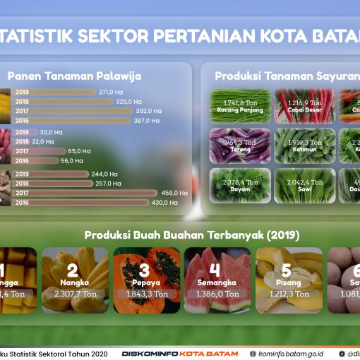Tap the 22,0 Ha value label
(43, 141)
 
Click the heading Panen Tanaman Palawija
(75, 76)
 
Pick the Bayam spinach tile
(240, 185)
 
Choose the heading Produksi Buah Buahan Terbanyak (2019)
(192, 234)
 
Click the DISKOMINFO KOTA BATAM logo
(179, 354)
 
